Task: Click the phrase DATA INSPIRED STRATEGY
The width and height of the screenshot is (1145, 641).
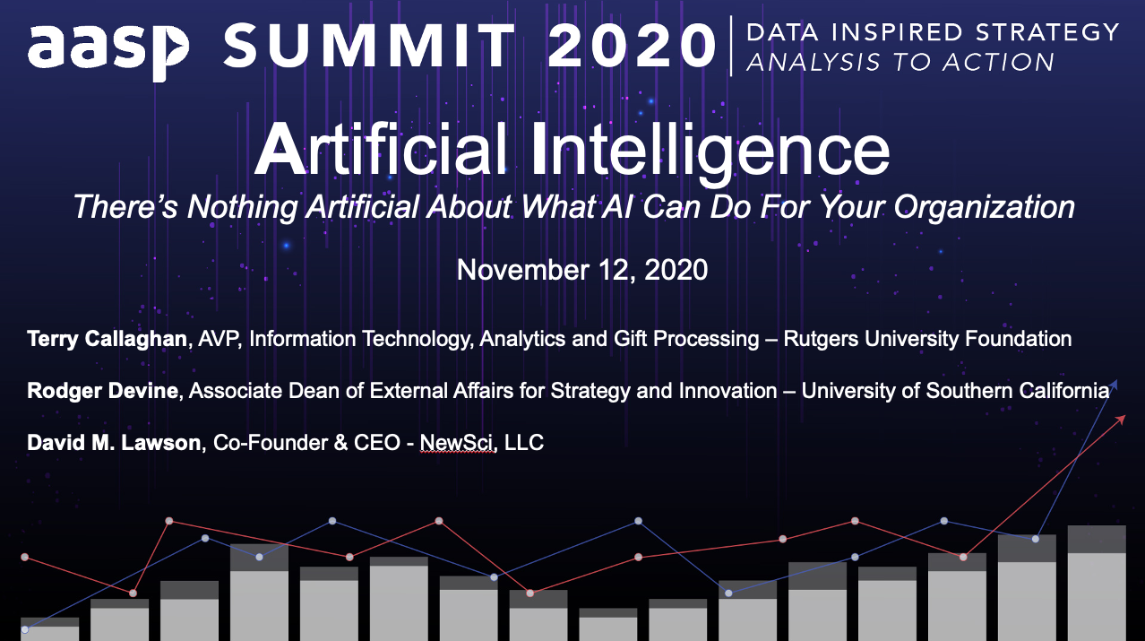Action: tap(933, 32)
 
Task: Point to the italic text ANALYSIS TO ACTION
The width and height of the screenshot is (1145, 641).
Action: tap(900, 62)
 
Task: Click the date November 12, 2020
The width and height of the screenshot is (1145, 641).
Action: tap(582, 270)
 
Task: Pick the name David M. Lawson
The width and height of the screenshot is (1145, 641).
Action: tap(114, 443)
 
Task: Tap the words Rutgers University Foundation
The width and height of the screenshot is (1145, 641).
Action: tap(927, 339)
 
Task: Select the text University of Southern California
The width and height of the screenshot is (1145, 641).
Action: tap(955, 391)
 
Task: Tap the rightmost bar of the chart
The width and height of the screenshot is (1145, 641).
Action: tap(1096, 583)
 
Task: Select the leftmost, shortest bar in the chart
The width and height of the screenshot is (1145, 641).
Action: tap(50, 628)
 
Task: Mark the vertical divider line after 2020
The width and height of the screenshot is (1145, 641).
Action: tap(732, 45)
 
